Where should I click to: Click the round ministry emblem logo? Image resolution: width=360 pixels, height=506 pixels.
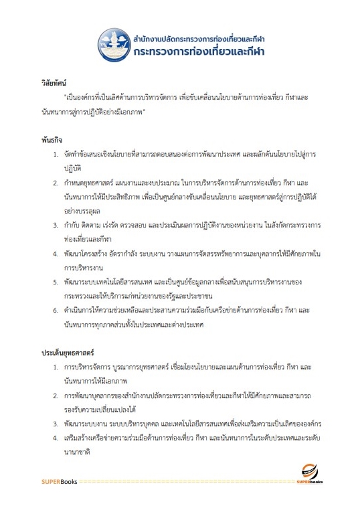(115, 45)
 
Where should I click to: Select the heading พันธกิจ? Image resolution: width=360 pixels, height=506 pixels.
(51, 141)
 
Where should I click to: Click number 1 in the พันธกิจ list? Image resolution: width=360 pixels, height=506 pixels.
(56, 155)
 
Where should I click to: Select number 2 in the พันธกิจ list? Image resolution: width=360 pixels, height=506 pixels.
(56, 182)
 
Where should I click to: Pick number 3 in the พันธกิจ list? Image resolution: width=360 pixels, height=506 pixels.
(56, 226)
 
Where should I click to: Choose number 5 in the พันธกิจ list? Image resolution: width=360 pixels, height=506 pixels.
(56, 282)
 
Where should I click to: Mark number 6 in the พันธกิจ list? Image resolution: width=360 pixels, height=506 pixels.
(56, 310)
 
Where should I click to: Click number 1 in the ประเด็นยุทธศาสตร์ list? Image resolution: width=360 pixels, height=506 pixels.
(56, 367)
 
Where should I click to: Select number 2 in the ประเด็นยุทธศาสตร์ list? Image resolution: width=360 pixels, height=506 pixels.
(56, 396)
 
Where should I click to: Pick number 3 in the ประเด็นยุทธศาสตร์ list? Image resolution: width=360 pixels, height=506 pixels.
(56, 424)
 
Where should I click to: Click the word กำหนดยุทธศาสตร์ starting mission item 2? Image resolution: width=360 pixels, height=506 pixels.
(90, 182)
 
